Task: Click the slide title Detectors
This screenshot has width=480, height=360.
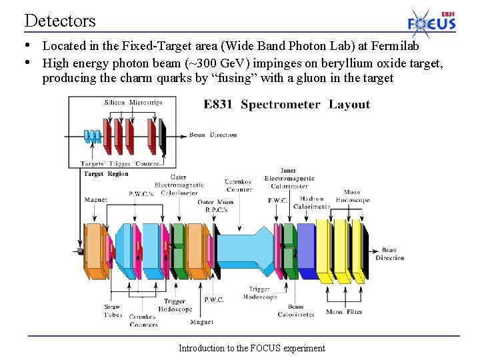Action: (x=60, y=21)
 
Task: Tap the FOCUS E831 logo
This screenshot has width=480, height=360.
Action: (x=432, y=22)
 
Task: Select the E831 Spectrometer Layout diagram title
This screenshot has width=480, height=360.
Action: (x=287, y=105)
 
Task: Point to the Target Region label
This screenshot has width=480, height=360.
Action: (x=106, y=174)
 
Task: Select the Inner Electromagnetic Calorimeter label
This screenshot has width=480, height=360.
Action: (x=289, y=178)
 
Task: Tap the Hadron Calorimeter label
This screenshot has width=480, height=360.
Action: (x=311, y=203)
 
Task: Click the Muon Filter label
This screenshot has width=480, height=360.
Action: (x=344, y=311)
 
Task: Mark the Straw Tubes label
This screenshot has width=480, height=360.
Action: (x=113, y=311)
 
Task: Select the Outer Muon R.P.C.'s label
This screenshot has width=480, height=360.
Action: (x=216, y=205)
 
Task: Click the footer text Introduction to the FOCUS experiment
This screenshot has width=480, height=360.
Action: (x=251, y=348)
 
